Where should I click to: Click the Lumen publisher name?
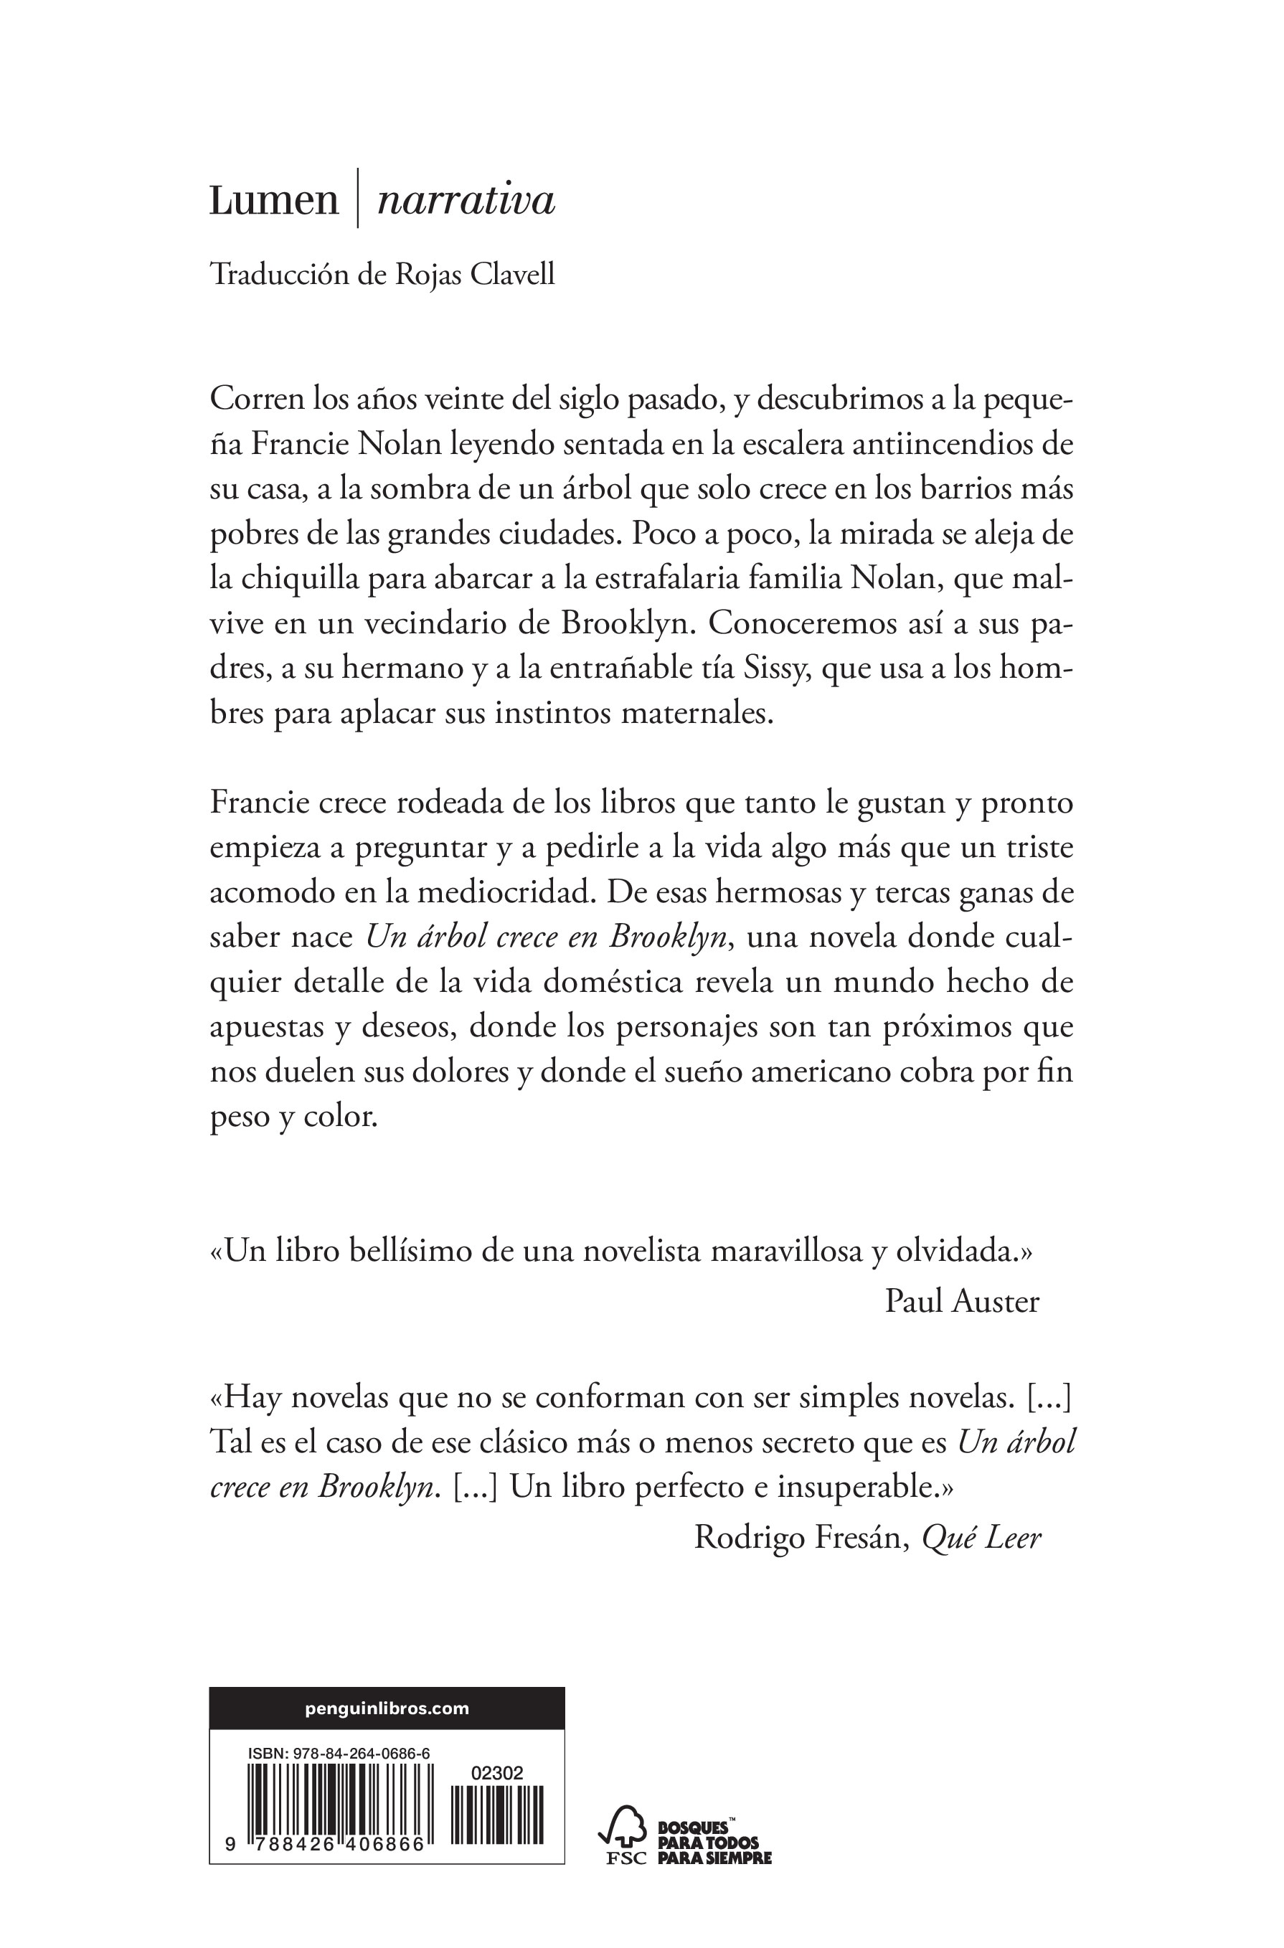pos(273,201)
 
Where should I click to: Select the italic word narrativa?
pos(465,201)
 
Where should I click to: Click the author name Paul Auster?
pos(961,1301)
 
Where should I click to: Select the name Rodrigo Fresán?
pos(801,1538)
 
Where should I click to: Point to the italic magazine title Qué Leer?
pos(981,1538)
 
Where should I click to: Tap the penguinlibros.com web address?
pos(387,1709)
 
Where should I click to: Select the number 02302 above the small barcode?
pos(497,1774)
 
